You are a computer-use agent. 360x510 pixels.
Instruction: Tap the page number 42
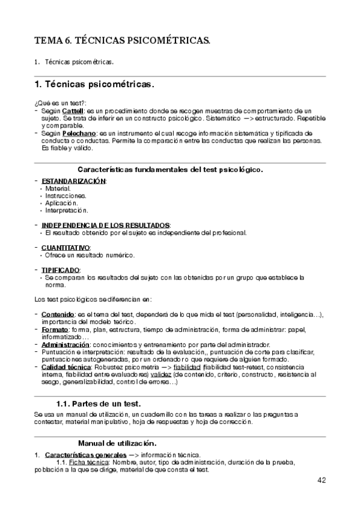pos(320,480)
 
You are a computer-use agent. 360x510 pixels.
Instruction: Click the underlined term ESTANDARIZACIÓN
pos(73,181)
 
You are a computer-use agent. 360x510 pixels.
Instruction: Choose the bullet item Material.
pos(58,188)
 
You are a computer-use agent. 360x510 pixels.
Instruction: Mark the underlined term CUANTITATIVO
pos(66,248)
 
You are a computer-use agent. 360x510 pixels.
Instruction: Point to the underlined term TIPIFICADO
pos(61,269)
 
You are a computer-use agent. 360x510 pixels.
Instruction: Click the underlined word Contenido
pos(58,314)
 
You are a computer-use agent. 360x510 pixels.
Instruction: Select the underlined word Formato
pos(55,330)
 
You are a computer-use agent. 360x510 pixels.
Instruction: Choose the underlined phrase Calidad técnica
pos(66,367)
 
